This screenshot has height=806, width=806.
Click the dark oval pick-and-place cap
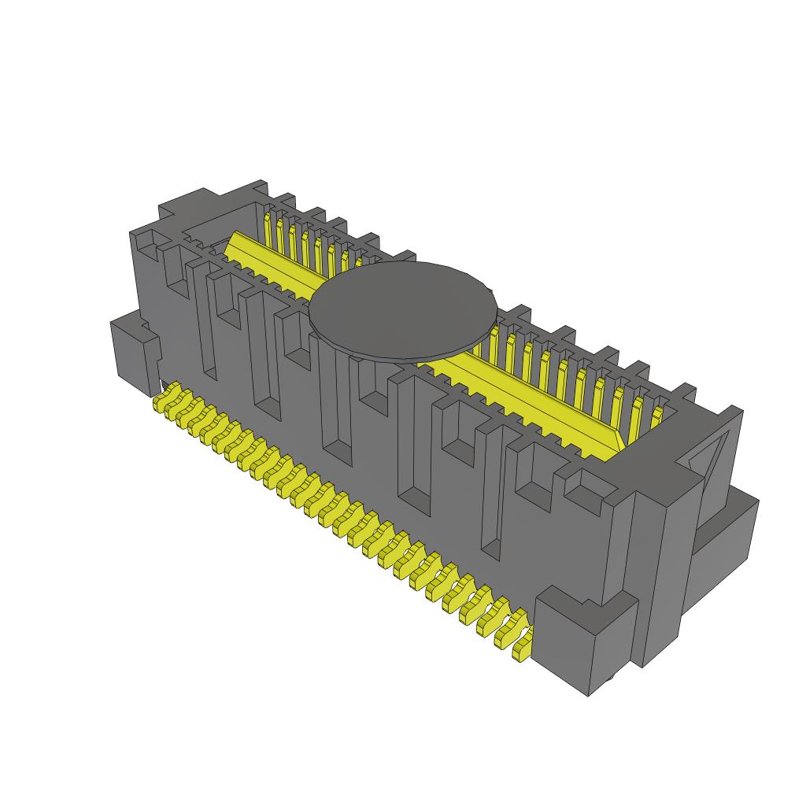tap(403, 309)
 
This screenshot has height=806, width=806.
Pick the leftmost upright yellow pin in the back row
tap(268, 227)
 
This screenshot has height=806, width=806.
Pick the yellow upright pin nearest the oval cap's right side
tap(494, 346)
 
